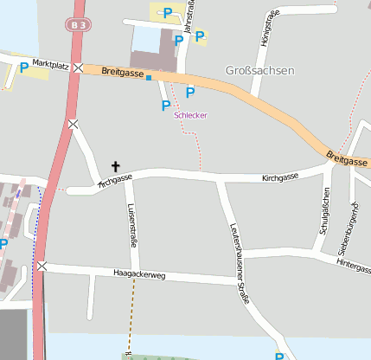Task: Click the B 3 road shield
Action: point(79,26)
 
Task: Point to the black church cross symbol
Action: point(115,165)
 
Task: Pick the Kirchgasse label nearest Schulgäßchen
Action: point(279,177)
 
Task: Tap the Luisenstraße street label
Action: point(132,225)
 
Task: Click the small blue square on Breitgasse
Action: point(149,78)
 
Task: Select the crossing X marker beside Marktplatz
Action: point(79,67)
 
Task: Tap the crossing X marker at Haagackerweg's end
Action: point(41,267)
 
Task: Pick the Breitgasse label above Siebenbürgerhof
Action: point(348,158)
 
